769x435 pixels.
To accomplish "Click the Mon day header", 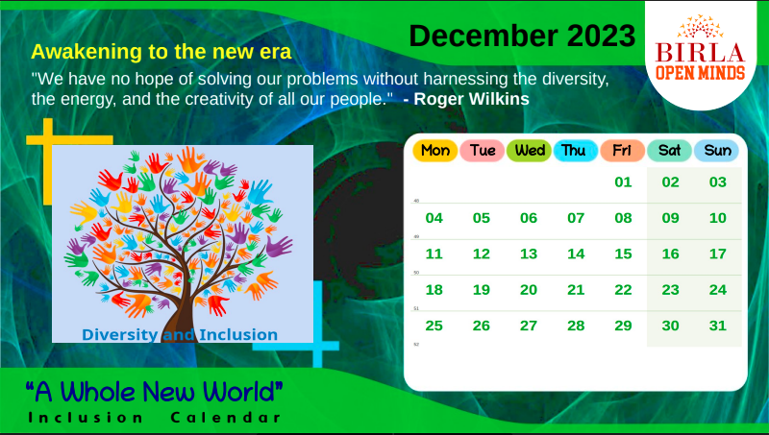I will click(x=434, y=151).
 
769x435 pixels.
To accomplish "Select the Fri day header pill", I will click(x=622, y=151).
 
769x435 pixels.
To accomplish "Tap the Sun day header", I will click(x=717, y=151).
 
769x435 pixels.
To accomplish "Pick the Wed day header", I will click(x=529, y=151).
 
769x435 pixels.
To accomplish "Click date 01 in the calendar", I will click(x=623, y=182).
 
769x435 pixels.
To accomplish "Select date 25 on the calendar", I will click(x=434, y=326).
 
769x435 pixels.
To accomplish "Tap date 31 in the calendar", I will click(x=717, y=326).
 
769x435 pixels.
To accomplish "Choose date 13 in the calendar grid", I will click(x=529, y=254).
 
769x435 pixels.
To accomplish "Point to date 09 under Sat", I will click(x=670, y=218).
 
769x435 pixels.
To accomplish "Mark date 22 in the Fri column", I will click(x=623, y=290).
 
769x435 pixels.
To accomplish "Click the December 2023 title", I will click(x=522, y=36).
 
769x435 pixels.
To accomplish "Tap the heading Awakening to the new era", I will click(x=161, y=51).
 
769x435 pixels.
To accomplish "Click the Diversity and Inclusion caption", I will click(x=180, y=335).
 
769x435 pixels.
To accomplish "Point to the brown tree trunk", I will click(x=179, y=307).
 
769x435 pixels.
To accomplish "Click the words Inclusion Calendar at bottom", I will click(x=154, y=418).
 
